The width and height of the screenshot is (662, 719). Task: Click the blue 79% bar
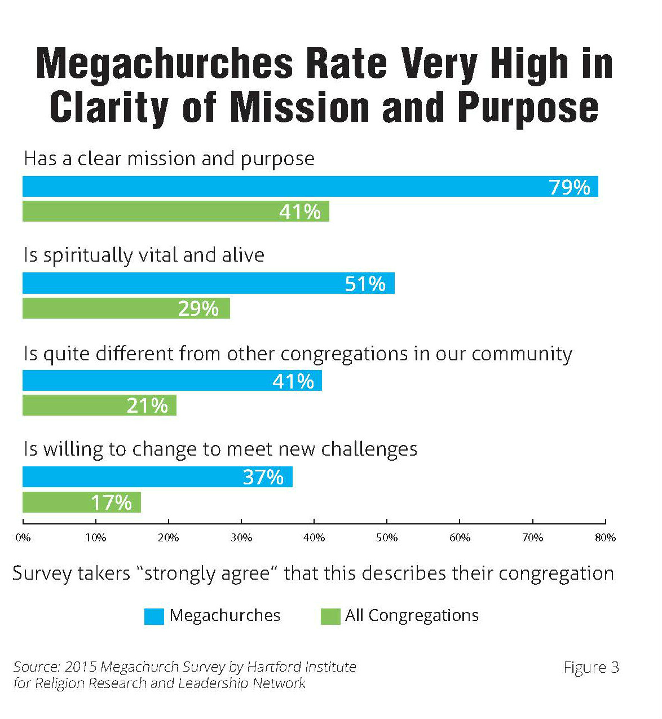[x=310, y=186]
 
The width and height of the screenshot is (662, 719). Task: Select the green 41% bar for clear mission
[x=175, y=211]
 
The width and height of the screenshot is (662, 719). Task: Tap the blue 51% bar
[x=208, y=283]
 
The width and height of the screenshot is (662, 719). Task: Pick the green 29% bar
[x=126, y=308]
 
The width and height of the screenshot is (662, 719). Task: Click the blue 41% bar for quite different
[x=172, y=381]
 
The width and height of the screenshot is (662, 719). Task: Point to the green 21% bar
[x=99, y=405]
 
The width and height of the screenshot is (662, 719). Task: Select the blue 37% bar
[x=157, y=477]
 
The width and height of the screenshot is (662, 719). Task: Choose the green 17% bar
[x=81, y=502]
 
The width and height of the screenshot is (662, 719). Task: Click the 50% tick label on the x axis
[x=387, y=538]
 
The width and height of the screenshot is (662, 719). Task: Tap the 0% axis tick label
[x=23, y=538]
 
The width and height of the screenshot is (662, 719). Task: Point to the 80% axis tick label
[x=605, y=538]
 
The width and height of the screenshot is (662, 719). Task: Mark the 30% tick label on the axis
[x=241, y=538]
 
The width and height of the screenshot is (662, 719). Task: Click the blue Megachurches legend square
[x=154, y=616]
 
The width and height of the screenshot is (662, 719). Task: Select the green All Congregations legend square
[x=330, y=616]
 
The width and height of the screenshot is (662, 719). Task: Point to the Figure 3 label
[x=591, y=668]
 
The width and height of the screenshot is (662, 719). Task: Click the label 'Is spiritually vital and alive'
[x=144, y=255]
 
